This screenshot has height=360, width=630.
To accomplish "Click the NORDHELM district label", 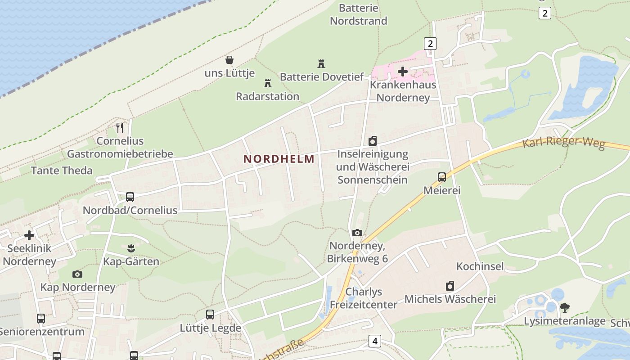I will [279, 159].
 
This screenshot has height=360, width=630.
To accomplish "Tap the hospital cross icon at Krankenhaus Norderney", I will [403, 71].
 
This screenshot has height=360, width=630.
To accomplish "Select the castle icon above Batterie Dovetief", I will [321, 64].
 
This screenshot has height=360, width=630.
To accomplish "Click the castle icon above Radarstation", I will [268, 83].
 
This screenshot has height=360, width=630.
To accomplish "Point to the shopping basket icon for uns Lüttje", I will [229, 60].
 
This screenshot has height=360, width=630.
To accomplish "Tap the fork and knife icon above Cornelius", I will [120, 128].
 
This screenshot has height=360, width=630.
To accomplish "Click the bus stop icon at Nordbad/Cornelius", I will [130, 197].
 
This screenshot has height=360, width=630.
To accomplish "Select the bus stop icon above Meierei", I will [442, 177].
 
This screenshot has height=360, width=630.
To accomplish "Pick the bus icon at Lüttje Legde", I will [210, 315].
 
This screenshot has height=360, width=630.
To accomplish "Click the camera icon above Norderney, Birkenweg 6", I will [357, 233].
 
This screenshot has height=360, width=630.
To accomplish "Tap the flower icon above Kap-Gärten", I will [131, 247].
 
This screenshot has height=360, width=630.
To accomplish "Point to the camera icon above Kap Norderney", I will [77, 274].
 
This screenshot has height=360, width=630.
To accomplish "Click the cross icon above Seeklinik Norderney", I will [29, 235].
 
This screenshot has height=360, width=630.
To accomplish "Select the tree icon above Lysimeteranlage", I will [565, 308].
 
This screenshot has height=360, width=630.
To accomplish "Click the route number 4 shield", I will [374, 341].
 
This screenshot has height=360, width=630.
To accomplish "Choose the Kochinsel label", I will [480, 266].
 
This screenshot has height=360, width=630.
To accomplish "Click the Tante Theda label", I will [62, 171].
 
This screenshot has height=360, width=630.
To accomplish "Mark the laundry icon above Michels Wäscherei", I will [450, 286].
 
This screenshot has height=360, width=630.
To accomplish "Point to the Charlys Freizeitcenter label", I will [364, 298].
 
